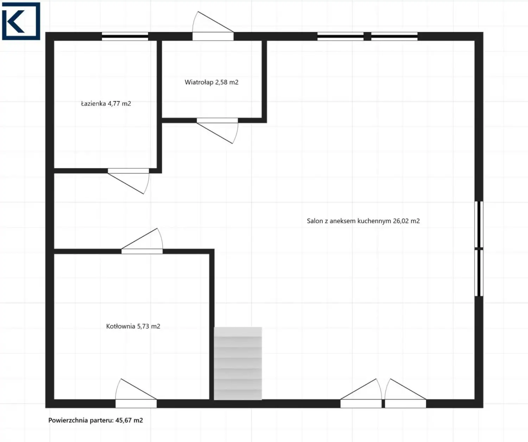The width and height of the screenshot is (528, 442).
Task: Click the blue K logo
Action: pos(21,21)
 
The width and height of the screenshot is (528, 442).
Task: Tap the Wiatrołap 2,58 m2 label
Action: pos(212,82)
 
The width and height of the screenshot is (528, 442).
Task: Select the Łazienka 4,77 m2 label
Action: pos(106,103)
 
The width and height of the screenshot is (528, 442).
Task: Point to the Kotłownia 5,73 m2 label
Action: pos(133,326)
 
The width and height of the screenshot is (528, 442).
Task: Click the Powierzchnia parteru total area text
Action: pos(96,420)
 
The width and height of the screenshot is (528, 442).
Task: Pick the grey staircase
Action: pos(238,364)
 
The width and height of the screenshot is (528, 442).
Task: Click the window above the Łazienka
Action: pos(125,36)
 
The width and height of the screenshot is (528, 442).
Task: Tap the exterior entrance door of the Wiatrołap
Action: pos(213,26)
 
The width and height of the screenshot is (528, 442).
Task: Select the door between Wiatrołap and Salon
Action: pos(218,130)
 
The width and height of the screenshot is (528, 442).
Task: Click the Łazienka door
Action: pos(128,181)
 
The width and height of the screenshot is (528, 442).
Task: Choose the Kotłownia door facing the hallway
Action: pos(142,241)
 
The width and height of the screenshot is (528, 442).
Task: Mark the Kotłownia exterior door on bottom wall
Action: pos(136,393)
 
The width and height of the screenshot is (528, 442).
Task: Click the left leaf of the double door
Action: pos(361,393)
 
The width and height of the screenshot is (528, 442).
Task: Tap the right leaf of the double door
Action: pos(406,393)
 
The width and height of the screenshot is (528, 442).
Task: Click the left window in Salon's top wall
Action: pos(340,36)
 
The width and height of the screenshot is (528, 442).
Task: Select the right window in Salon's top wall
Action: pos(394,36)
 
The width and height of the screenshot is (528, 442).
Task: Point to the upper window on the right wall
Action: pos(479,224)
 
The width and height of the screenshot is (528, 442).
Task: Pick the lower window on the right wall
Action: pos(479,273)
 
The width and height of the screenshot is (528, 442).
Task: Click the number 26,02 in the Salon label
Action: pos(401,221)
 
